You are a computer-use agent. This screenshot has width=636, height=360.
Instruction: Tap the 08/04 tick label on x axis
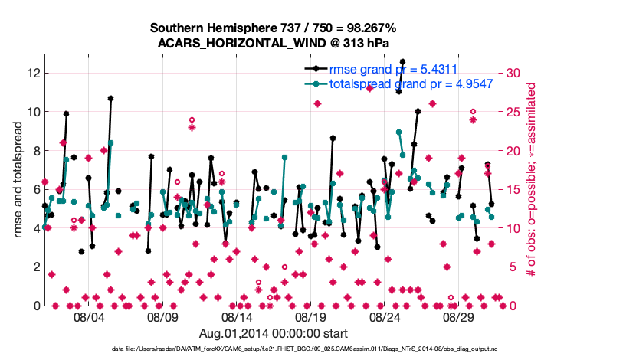[x=88, y=316]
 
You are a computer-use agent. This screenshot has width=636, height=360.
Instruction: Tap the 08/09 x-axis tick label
[x=162, y=316]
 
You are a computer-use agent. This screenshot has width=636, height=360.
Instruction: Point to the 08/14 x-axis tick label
[x=237, y=316]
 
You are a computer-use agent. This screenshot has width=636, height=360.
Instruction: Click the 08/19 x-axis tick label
[x=311, y=316]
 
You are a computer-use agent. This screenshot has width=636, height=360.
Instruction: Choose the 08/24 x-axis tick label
[x=385, y=316]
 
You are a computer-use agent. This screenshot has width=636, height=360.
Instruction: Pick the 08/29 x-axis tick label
[x=460, y=316]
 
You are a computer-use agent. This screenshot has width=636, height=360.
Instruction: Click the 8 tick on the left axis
[x=35, y=150]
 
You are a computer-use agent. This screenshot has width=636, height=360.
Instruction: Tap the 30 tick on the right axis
[x=515, y=73]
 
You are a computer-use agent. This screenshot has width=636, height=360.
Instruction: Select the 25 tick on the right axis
[x=515, y=112]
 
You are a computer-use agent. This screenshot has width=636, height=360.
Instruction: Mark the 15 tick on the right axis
[x=515, y=189]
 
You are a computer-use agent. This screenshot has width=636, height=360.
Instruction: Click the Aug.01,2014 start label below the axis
[x=274, y=333]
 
